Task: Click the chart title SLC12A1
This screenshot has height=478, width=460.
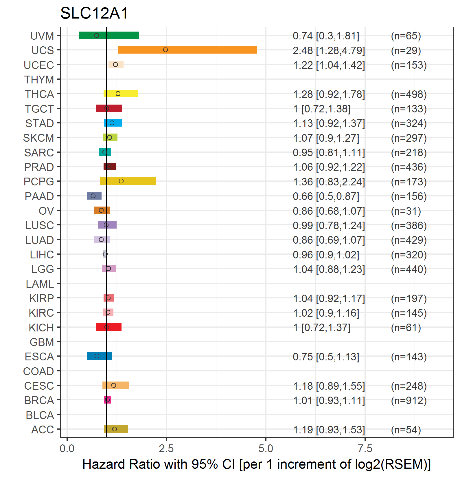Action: (x=94, y=13)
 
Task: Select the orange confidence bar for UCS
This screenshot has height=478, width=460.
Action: (x=187, y=50)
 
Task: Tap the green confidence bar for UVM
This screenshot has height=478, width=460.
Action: (x=109, y=35)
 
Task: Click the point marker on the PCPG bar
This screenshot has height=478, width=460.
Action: (x=121, y=181)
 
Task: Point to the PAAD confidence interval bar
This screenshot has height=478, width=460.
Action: (x=94, y=196)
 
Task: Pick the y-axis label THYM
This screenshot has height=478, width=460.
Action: (x=39, y=79)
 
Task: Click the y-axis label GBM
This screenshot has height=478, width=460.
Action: (x=42, y=342)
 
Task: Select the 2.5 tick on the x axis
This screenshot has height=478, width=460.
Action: (x=166, y=448)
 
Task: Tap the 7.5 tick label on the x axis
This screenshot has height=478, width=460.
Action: (x=365, y=448)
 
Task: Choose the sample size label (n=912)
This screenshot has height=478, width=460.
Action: (x=409, y=400)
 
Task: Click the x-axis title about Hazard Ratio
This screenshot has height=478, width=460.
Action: (x=256, y=464)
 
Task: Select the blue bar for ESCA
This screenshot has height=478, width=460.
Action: (x=100, y=356)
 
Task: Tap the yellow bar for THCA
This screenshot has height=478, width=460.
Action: (x=121, y=94)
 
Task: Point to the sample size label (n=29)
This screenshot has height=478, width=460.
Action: (x=406, y=50)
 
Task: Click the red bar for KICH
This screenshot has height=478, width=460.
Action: (x=108, y=327)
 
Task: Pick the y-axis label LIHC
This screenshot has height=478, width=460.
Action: (x=42, y=255)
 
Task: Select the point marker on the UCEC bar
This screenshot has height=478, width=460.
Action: (x=115, y=65)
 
